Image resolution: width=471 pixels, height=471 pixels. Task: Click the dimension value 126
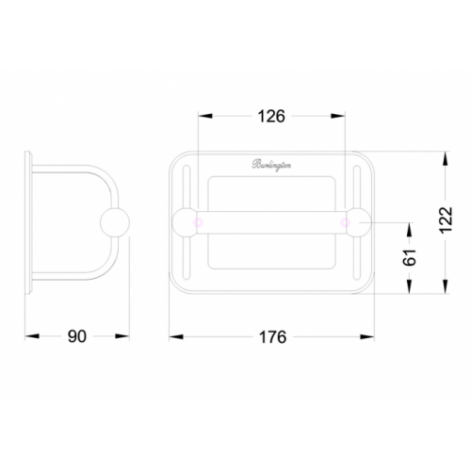coord(271,116)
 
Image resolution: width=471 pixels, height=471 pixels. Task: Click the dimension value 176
coord(272,337)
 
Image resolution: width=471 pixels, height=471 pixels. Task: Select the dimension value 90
coord(77,336)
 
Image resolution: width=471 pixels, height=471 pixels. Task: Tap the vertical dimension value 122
coord(446,219)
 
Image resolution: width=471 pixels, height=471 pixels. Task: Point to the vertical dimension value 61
coord(410,257)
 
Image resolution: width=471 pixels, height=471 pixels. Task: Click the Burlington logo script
coord(271,165)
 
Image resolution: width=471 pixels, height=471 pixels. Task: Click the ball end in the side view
coord(115,222)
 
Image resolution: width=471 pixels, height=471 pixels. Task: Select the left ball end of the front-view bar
coord(185,222)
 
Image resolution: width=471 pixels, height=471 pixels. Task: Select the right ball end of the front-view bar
coord(358,222)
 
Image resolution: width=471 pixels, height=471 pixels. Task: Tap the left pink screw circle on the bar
coord(199,222)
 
